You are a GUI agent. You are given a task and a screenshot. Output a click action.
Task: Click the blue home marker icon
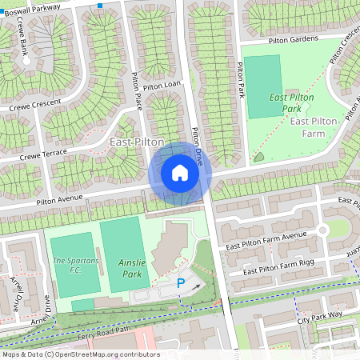tap(180, 173)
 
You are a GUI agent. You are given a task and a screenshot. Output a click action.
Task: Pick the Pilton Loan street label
tap(163, 84)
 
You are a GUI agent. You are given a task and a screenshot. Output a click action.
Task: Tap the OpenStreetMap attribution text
tap(80, 354)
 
